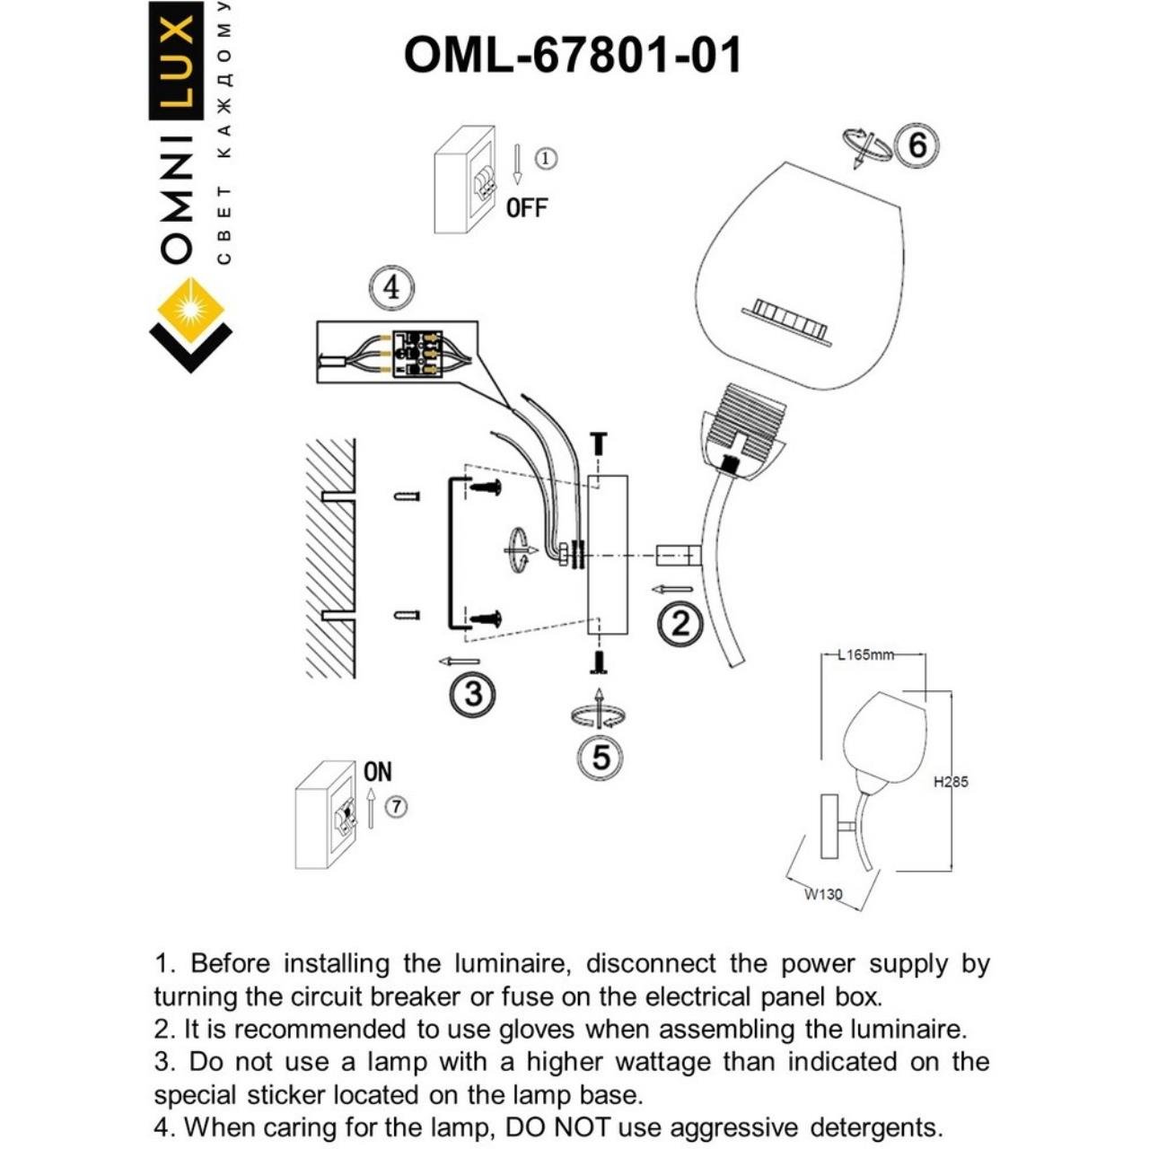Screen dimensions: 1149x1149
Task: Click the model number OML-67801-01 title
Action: (x=573, y=56)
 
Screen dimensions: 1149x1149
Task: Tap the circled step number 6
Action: (x=917, y=145)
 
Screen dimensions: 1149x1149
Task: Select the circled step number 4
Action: (x=390, y=289)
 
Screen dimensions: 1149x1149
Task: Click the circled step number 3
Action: (x=472, y=693)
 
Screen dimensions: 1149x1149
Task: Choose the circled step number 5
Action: (x=601, y=758)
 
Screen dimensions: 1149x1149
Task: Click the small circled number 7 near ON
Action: (x=396, y=807)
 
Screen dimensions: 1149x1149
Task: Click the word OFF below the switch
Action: (x=526, y=208)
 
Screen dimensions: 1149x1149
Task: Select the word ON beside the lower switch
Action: (x=378, y=772)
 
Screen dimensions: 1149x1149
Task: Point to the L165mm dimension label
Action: (x=865, y=654)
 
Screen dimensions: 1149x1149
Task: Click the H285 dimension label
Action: (x=951, y=782)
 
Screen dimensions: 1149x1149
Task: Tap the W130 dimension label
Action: (x=822, y=894)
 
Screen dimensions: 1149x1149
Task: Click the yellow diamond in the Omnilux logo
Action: (x=189, y=310)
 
